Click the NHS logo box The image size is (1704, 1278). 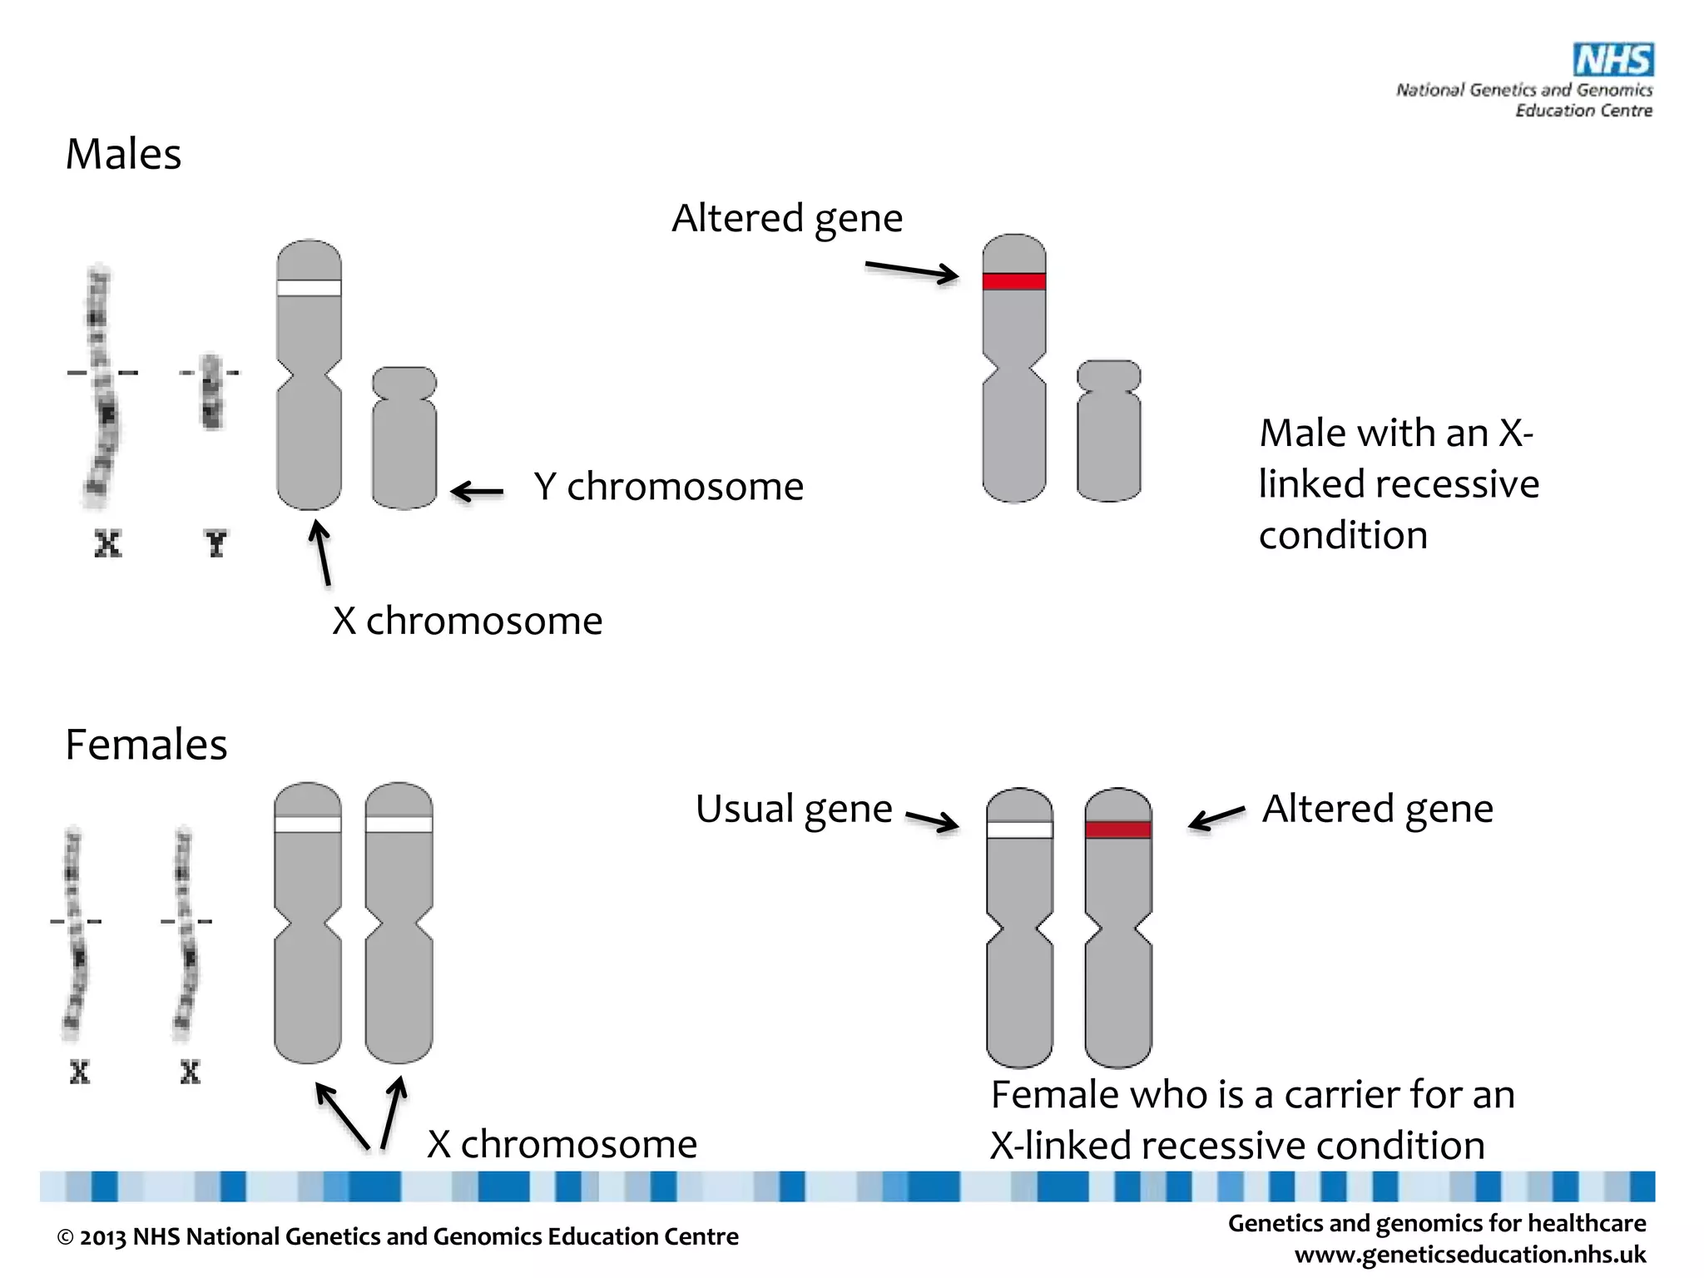point(1612,60)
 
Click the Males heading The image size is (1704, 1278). point(123,155)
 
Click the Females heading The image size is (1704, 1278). point(146,745)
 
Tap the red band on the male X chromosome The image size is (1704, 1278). point(1013,281)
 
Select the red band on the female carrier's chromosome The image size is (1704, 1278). point(1117,830)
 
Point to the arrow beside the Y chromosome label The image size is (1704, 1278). point(478,492)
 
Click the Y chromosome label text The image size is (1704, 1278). point(668,487)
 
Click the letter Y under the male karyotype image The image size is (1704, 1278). point(215,545)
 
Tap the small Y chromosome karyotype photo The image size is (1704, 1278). point(211,391)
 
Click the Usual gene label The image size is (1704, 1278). point(794,810)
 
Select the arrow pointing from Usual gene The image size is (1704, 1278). point(932,821)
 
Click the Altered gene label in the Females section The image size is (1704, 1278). point(1377,810)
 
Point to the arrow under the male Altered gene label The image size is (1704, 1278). point(912,271)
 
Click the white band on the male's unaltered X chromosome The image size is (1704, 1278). point(309,288)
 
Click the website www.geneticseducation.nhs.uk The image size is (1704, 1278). point(1469,1255)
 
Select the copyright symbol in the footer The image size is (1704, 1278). point(65,1238)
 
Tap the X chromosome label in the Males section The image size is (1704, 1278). point(467,622)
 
